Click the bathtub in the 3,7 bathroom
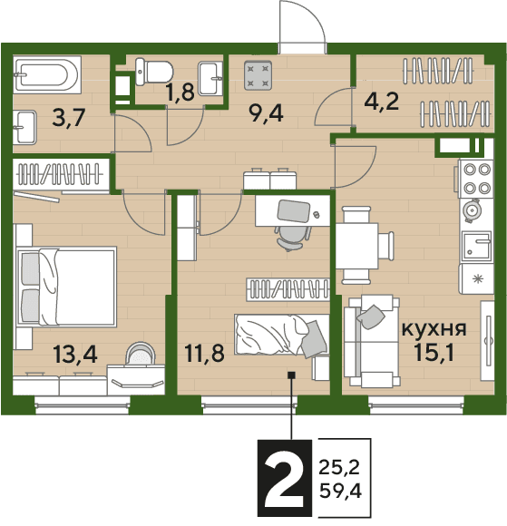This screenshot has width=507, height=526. pos(47,74)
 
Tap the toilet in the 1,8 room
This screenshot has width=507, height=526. pos(154,72)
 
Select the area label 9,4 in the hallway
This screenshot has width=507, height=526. pos(266,113)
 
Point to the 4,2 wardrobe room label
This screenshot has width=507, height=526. pos(382,102)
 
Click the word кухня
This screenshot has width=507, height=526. pos(434,329)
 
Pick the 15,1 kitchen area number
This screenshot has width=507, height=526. pos(434,352)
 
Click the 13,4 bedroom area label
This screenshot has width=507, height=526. pos(75,355)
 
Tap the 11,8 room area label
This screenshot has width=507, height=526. pos(205,354)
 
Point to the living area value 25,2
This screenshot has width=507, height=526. pos(339,467)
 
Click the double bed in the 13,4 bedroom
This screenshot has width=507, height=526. pos(66,287)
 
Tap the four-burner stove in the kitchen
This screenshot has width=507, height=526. pos(476,179)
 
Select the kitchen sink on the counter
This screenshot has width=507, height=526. pos(477,247)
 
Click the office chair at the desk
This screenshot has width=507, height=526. pos(293,238)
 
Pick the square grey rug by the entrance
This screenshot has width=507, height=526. pos(258,75)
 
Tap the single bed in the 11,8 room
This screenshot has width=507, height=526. pos(281,335)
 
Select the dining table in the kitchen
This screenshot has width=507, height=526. pos(357,246)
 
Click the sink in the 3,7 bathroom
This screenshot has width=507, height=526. pos(24,128)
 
